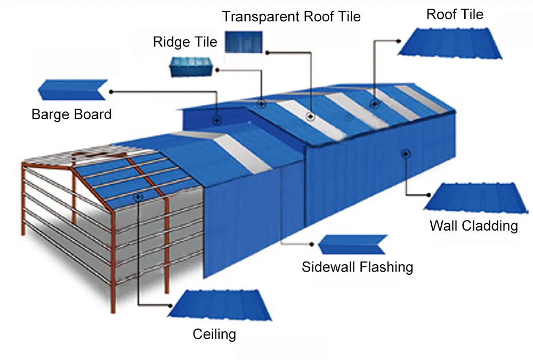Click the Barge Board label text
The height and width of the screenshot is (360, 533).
tap(71, 114)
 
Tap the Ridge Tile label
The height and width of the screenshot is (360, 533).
tap(185, 42)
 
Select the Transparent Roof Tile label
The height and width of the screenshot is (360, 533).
tap(291, 17)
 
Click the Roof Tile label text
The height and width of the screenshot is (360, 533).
tap(455, 14)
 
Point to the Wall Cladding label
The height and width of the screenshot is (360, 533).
tap(473, 226)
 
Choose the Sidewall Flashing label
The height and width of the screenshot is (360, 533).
tap(357, 266)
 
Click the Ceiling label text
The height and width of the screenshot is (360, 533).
tap(214, 334)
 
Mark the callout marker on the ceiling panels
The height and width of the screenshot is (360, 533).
tap(138, 197)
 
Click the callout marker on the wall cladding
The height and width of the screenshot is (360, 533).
tap(406, 153)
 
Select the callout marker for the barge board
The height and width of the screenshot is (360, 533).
tap(217, 120)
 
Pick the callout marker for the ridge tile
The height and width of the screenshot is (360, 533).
tap(261, 103)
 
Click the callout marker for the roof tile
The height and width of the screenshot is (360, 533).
tap(374, 103)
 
